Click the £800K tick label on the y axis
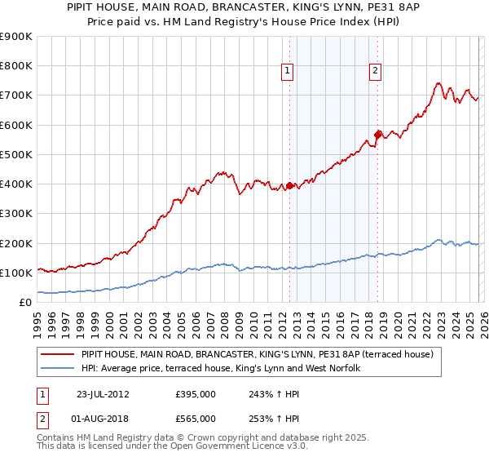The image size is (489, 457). (x=15, y=66)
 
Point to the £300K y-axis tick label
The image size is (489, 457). (x=15, y=214)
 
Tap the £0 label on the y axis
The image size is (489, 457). (x=25, y=303)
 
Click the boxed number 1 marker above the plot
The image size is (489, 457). (x=289, y=72)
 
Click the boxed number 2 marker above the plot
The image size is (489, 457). (x=375, y=72)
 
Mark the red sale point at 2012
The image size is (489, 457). (x=289, y=185)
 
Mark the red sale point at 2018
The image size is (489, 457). (x=377, y=135)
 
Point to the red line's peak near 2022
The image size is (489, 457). (x=438, y=82)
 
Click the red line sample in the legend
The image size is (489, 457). (x=59, y=354)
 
